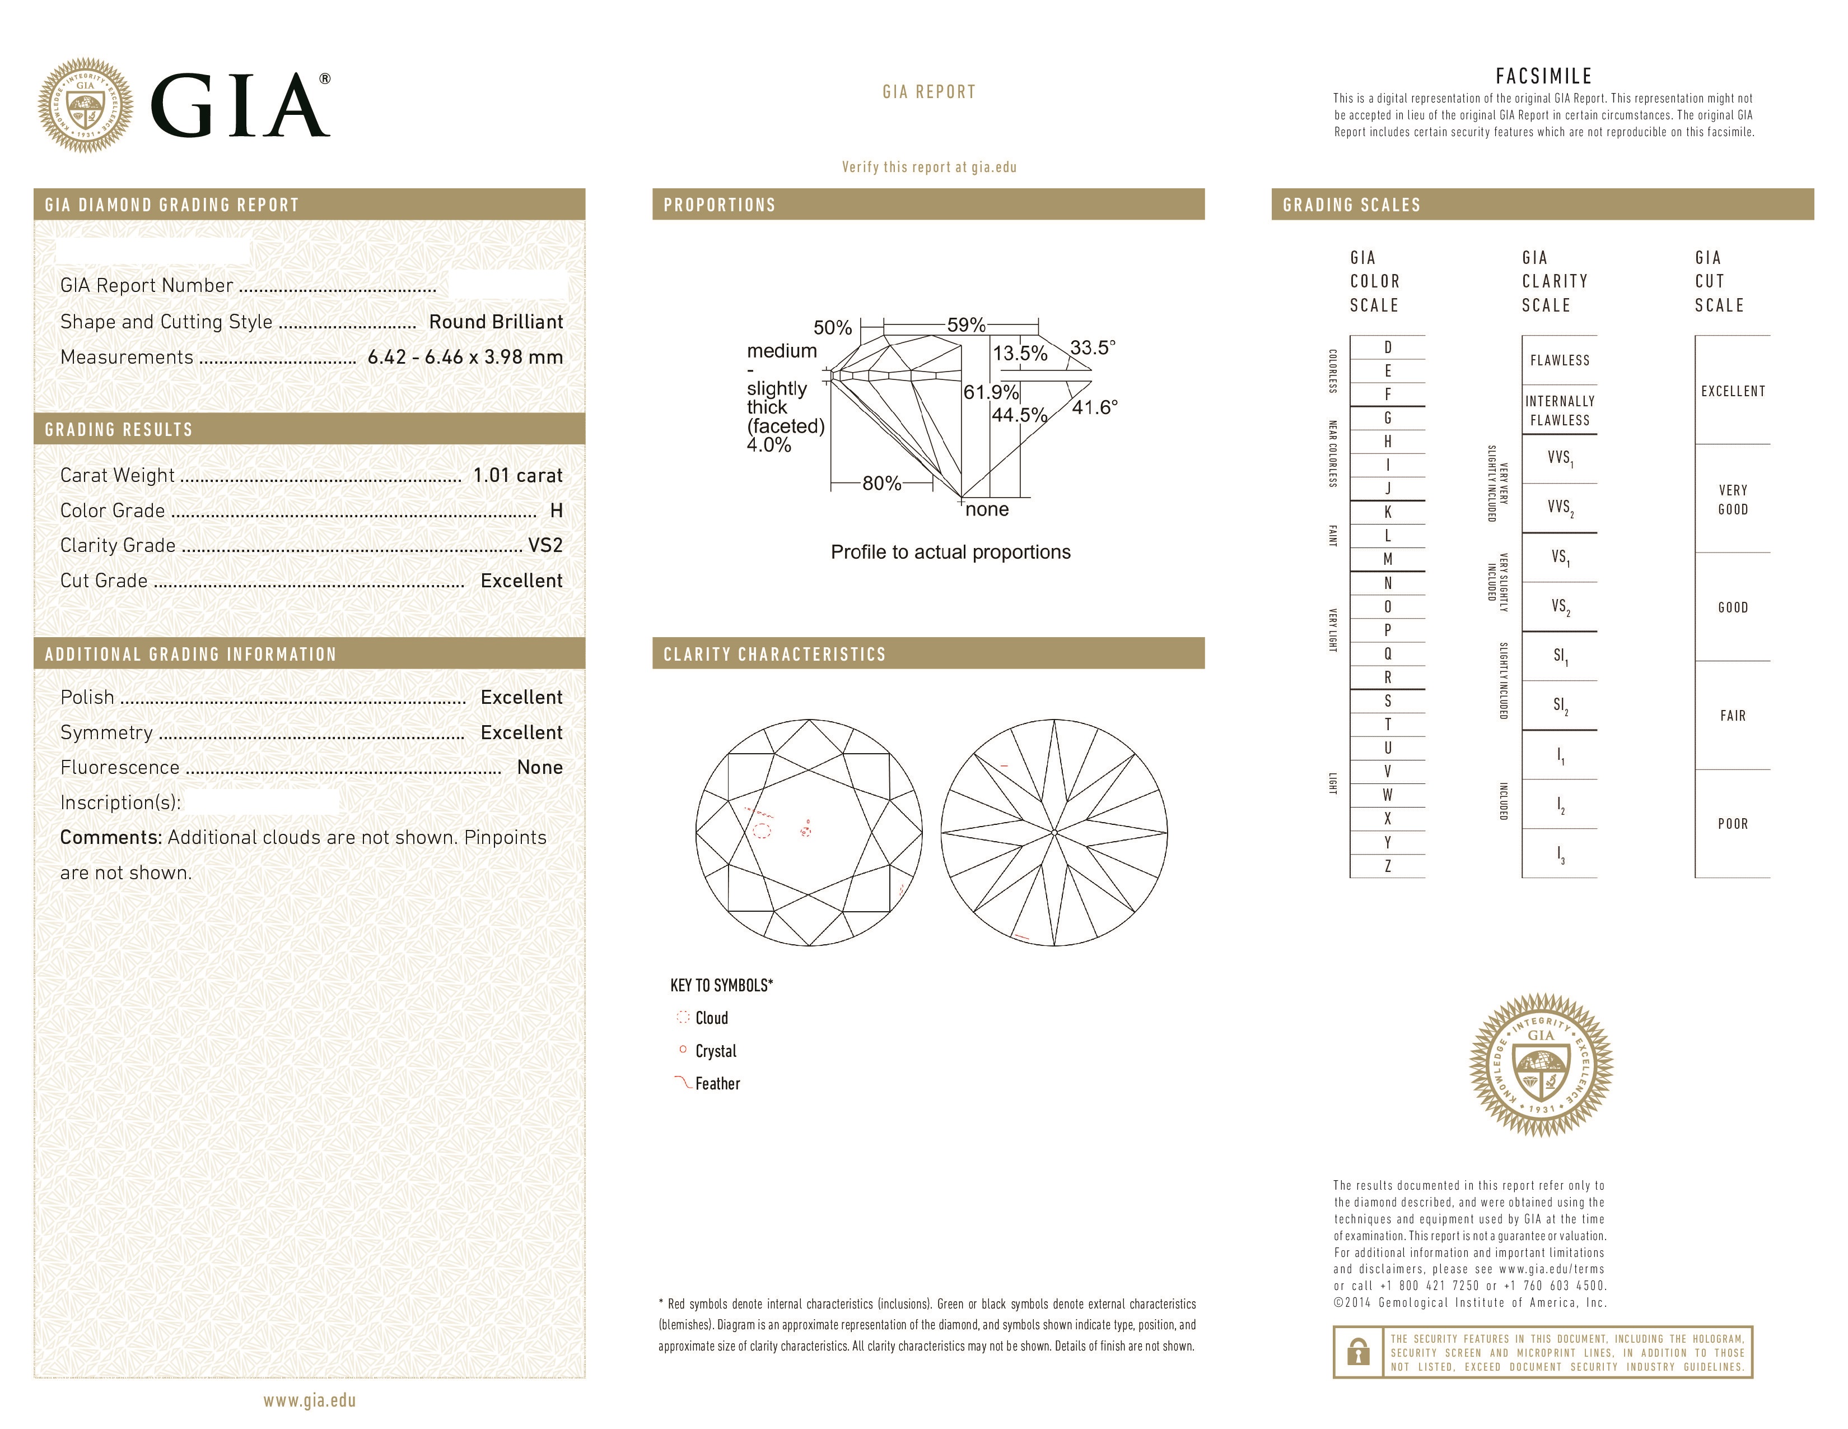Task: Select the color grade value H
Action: click(556, 511)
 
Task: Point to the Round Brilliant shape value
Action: click(496, 322)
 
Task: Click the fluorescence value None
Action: click(540, 767)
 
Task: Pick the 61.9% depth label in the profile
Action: click(990, 392)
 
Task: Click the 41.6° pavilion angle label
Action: click(1094, 408)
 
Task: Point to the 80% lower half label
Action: click(881, 484)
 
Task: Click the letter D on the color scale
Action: click(1388, 347)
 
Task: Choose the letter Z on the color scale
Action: click(1388, 866)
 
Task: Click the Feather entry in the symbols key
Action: click(717, 1084)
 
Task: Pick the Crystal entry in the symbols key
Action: click(715, 1051)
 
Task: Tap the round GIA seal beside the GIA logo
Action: click(86, 106)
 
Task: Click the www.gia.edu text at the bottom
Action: click(309, 1400)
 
